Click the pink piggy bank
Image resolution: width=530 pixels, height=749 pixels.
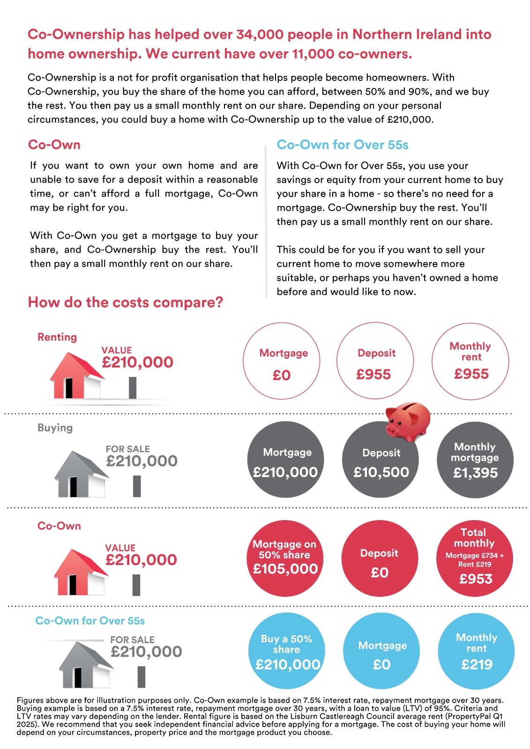408,421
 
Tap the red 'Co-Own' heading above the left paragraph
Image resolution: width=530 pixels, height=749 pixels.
54,145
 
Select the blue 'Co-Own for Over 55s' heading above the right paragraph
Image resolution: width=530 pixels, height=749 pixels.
343,145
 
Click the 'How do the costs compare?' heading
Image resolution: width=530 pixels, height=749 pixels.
126,302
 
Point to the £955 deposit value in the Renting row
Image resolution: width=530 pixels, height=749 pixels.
373,374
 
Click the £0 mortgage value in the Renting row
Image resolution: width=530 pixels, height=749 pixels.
282,375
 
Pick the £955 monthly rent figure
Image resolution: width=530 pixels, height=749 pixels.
471,374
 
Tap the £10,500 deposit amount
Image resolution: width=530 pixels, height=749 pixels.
381,472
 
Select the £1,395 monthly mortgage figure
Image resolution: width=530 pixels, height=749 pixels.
475,473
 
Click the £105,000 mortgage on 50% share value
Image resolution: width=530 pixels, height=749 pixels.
285,569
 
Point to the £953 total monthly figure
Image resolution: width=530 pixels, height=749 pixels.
476,579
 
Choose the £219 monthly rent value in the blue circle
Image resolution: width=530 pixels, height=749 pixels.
477,664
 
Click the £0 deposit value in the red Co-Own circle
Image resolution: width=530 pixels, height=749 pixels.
380,573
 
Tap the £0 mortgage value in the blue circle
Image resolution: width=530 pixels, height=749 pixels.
381,665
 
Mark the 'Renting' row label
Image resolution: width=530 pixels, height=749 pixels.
57,337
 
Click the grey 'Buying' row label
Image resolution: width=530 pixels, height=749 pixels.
55,428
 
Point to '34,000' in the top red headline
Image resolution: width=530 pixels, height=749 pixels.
260,34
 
